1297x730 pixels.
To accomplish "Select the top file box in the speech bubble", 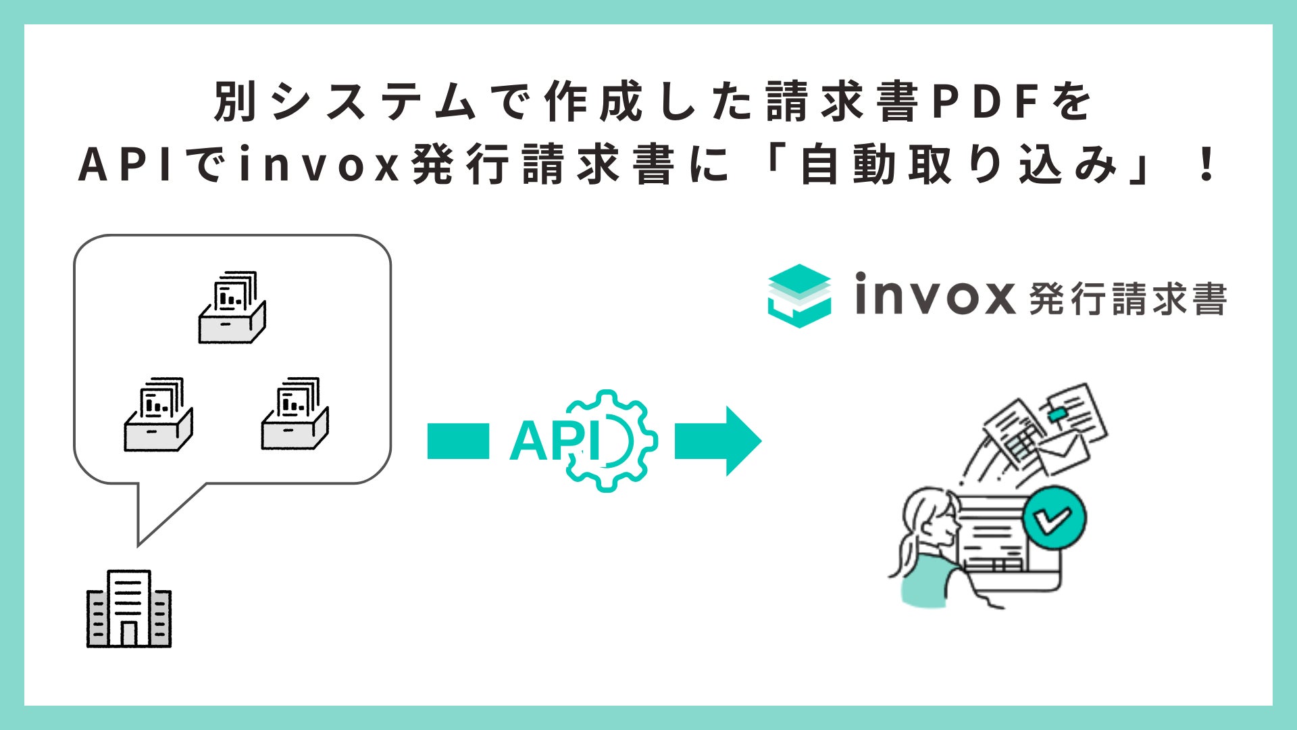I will point(232,308).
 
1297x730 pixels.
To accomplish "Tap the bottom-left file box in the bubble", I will point(158,414).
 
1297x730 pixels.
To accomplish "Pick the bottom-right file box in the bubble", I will point(295,414).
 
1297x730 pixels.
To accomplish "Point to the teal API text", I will point(554,441).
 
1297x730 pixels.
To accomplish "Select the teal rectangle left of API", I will point(458,441).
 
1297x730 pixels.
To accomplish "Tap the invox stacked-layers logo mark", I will point(799,296).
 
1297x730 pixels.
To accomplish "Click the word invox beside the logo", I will point(934,296).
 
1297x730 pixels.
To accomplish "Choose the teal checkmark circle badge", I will point(1054,519).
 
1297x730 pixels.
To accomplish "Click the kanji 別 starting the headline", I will point(236,103).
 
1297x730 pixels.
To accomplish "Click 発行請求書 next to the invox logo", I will point(1127,299).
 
